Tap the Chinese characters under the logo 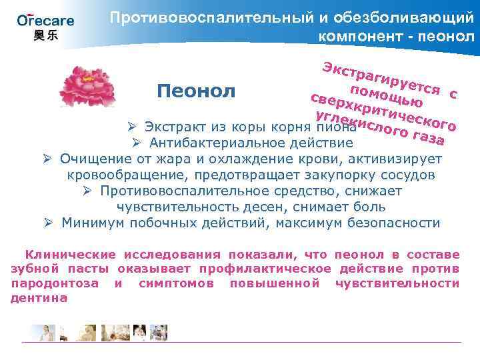coord(45,35)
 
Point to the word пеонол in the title coord(443,35)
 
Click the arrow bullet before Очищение coord(47,159)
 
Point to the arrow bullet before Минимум coord(48,223)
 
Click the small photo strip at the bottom coord(93,331)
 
